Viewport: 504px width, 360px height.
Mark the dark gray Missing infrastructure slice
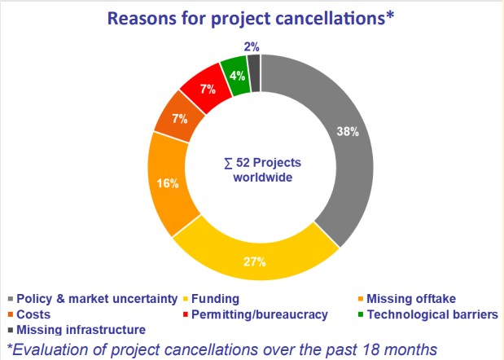click(254, 64)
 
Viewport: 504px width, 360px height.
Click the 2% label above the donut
click(252, 46)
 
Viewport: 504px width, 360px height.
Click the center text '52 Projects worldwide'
click(261, 169)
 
